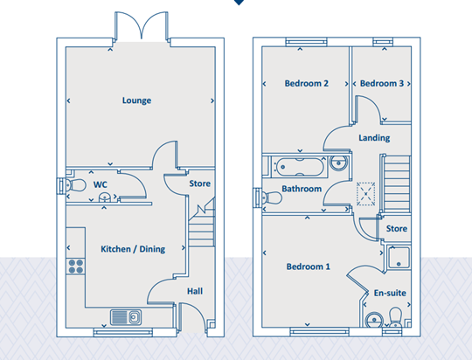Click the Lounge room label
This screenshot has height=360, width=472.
pos(136,100)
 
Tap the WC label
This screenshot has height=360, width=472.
pos(101,184)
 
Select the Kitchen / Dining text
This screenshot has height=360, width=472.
pos(133,249)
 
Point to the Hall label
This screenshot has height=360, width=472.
pos(195,291)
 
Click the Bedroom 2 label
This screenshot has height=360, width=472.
pos(307,83)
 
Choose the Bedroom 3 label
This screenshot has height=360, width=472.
pos(382,83)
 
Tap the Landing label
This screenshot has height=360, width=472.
pos(374,138)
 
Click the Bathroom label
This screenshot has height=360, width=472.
pos(302,189)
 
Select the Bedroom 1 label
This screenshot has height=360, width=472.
pos(308,267)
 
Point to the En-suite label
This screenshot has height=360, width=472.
pos(390,293)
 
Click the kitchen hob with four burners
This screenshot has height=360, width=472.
pos(75,267)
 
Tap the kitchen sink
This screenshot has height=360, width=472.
pos(126,317)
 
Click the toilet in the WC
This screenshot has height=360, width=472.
pos(75,185)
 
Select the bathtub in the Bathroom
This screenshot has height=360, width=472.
pos(299,167)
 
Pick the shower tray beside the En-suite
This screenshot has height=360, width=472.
pos(399,258)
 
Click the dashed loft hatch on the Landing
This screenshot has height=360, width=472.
pos(365,194)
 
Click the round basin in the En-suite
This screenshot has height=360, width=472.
pos(374,319)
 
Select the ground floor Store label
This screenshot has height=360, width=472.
pos(199,183)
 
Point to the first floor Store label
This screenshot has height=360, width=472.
pos(397,229)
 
